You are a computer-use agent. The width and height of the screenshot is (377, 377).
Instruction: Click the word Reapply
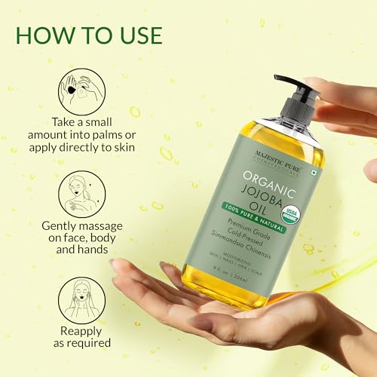(x=76, y=329)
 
